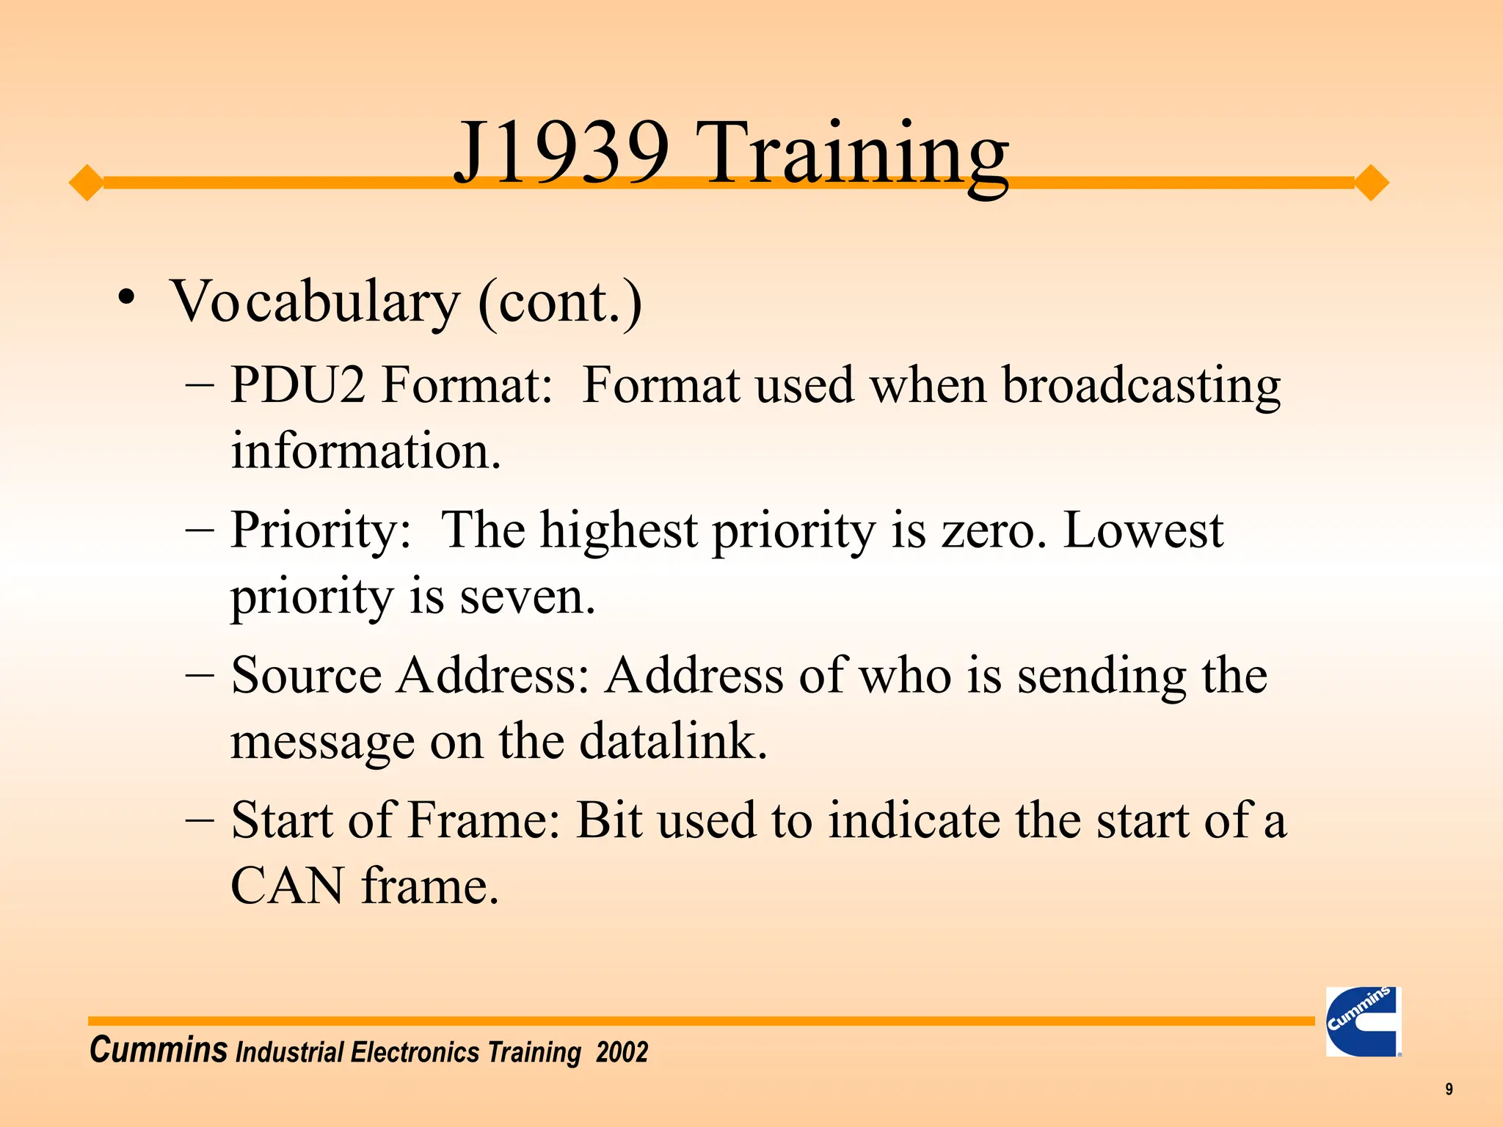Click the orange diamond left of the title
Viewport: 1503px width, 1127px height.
(x=87, y=182)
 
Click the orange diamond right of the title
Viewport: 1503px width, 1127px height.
(x=1371, y=183)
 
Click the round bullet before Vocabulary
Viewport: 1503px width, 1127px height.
(x=127, y=298)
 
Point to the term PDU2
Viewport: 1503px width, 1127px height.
(x=297, y=384)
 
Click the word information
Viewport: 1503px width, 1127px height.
(x=365, y=451)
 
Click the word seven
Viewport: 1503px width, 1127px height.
(x=527, y=596)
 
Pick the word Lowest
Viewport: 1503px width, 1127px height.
(x=1143, y=530)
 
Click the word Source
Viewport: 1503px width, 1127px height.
(x=306, y=675)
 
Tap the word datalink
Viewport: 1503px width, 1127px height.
(x=673, y=741)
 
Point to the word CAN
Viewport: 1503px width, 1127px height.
(x=287, y=886)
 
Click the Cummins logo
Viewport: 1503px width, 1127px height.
(x=1363, y=1021)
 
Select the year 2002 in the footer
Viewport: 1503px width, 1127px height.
(x=622, y=1052)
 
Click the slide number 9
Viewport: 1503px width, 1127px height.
(x=1449, y=1089)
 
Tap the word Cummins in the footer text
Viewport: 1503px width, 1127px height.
(x=158, y=1049)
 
